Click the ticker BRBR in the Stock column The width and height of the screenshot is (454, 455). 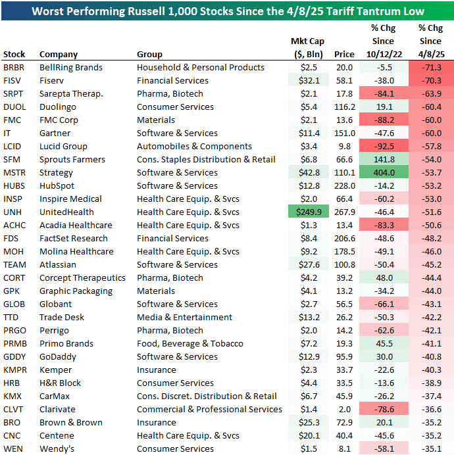coord(14,67)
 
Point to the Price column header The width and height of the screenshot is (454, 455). coord(343,54)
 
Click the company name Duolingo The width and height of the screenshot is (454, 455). coord(58,107)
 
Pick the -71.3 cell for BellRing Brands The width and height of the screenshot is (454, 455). coord(431,67)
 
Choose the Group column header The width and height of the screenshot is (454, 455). coord(149,54)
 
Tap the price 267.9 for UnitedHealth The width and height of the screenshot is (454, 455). coord(343,212)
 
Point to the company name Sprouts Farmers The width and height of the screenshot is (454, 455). coord(72,159)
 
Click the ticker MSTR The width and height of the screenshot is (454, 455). coord(15,172)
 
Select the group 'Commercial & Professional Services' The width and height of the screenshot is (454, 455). coord(209,409)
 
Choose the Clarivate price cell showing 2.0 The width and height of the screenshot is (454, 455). coord(347,409)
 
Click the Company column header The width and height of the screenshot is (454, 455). coord(59,54)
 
